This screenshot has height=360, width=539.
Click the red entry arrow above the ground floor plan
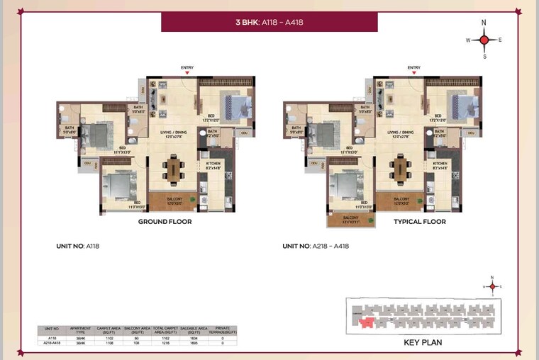point(187,73)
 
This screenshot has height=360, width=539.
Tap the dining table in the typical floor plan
point(401,168)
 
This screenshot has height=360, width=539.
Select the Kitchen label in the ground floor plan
point(213,164)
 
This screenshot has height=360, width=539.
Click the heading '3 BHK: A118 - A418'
point(269,22)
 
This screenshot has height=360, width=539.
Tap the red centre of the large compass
point(484,40)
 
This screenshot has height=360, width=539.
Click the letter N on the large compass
point(484,23)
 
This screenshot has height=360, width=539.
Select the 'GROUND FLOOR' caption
point(165,222)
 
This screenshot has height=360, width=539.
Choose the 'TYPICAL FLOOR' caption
point(420,222)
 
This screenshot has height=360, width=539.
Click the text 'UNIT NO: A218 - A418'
point(316,247)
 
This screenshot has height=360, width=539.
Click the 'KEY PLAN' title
point(422,342)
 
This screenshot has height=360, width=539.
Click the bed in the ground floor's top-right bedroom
point(235,106)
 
